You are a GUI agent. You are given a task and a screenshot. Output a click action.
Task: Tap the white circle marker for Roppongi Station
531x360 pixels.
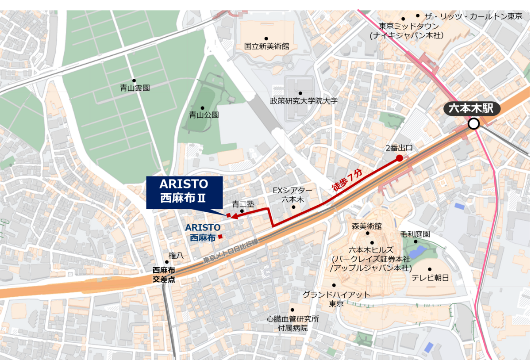pos(473,124)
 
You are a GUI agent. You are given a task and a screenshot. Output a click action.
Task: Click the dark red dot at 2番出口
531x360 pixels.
pos(399,158)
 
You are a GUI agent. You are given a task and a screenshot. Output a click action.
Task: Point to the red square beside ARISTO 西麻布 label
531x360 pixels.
pos(220,237)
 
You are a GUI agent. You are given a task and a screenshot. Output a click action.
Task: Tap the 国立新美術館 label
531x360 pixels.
pos(266,46)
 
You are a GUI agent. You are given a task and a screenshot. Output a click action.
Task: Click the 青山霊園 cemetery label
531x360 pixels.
pos(135,88)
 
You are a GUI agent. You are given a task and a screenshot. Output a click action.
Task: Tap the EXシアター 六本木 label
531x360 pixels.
pos(292,195)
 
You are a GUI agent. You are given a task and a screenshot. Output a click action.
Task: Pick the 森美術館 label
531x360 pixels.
pos(367,226)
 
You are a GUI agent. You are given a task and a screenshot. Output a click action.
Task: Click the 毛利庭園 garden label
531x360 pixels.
pos(415,234)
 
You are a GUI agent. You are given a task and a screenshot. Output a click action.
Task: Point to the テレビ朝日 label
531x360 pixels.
pos(430,278)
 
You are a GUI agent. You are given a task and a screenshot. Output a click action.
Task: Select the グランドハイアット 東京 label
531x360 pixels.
pos(336,299)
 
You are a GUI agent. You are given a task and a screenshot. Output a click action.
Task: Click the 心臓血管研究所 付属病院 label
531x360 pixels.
pos(292,324)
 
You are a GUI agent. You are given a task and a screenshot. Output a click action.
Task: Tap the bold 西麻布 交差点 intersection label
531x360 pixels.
pos(164,275)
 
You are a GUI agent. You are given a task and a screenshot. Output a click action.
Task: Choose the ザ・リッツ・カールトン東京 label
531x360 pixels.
pos(473,16)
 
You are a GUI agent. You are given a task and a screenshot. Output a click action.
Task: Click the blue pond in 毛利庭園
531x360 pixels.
pos(417,252)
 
